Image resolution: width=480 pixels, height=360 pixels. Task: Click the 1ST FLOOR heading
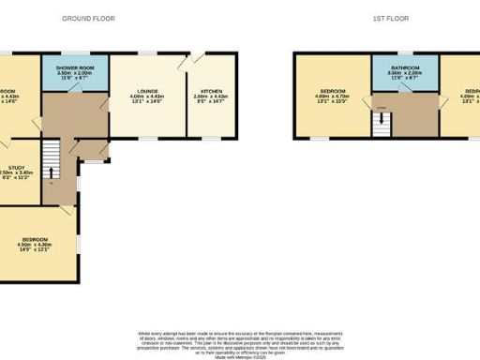tap(385, 18)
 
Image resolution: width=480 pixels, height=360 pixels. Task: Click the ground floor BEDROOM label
tap(37, 240)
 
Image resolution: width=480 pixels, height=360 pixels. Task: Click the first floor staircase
tap(382, 123)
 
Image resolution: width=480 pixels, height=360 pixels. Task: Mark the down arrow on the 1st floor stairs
tap(382, 129)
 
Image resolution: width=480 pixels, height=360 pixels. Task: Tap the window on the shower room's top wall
tap(75, 52)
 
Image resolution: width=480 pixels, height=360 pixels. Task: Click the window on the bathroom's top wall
tap(405, 52)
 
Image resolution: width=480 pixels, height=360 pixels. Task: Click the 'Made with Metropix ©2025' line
tap(240, 354)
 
